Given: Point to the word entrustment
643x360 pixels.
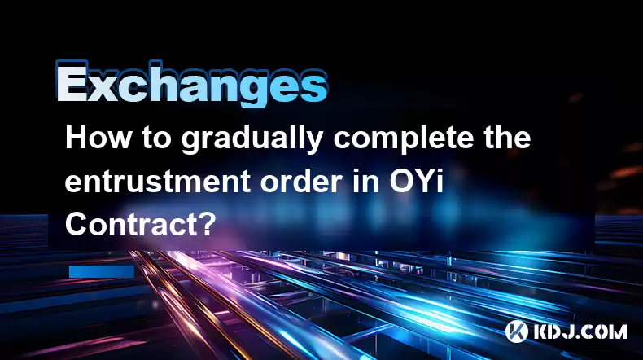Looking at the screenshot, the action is coord(158,181).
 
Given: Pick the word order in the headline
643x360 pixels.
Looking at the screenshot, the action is coord(303,181).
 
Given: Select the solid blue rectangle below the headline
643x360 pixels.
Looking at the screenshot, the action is coord(102,272).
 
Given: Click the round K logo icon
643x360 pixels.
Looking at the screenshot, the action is coord(517,331).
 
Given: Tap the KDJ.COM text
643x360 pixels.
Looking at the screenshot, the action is coord(580,331).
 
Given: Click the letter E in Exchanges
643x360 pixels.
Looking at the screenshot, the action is coord(72,82).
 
